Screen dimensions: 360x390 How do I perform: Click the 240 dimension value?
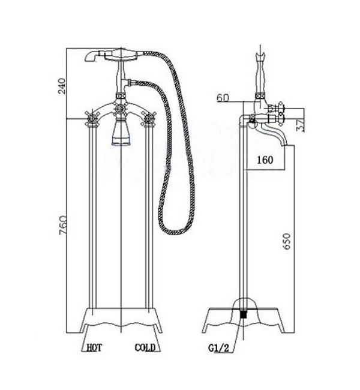[62, 86]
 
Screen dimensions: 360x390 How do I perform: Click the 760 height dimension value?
[62, 225]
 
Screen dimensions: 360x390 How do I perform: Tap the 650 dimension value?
[287, 241]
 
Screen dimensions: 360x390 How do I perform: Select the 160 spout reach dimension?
[265, 160]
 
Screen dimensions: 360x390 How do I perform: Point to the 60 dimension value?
[223, 98]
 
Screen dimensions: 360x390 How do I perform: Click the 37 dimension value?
[300, 125]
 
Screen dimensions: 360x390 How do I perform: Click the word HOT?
[94, 347]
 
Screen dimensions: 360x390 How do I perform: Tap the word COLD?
[145, 347]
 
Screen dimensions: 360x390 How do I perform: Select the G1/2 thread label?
[218, 348]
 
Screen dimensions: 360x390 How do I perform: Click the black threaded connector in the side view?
[244, 314]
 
